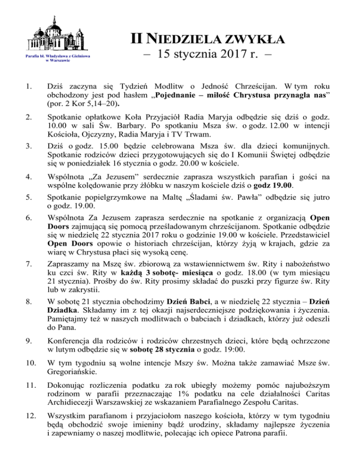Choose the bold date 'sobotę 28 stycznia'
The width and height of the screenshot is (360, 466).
pyautogui.click(x=164, y=364)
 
